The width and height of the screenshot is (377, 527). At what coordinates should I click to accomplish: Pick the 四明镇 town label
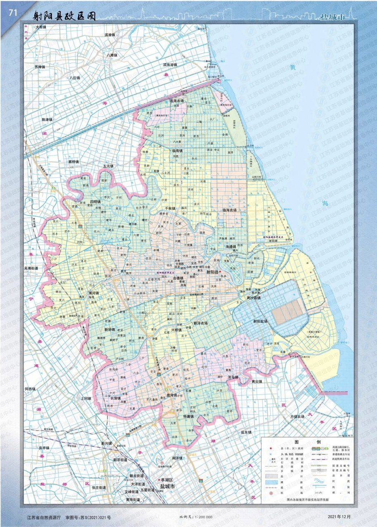click(x=96, y=202)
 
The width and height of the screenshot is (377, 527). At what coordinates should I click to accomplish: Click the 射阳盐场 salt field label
click(x=260, y=321)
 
